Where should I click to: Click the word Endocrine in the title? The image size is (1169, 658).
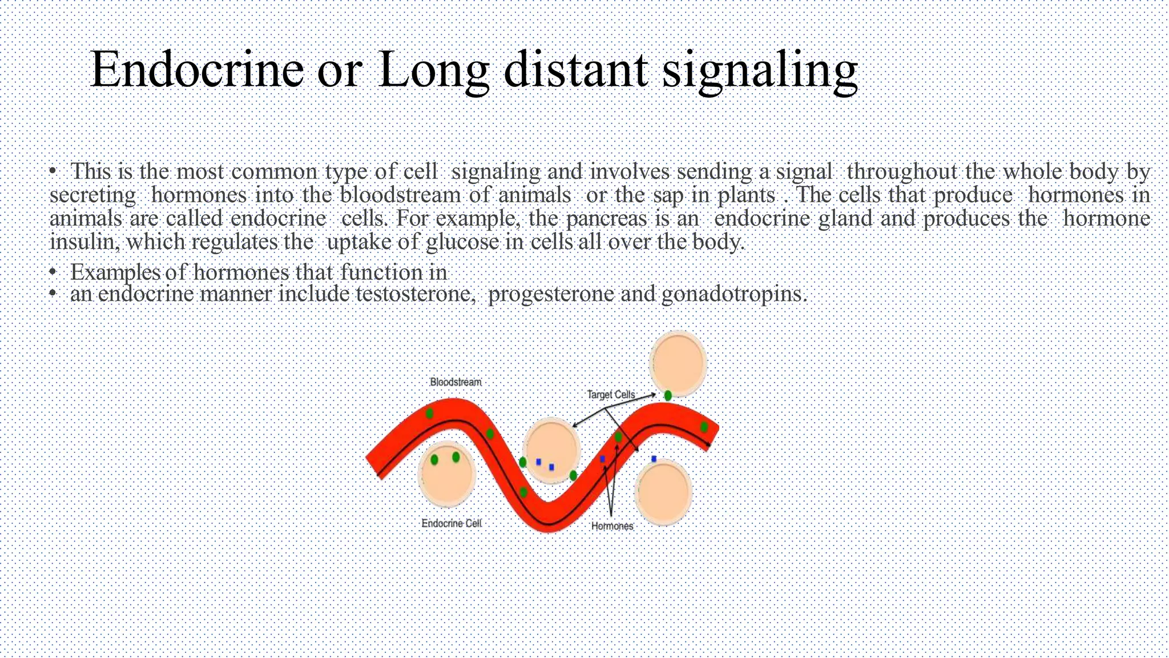(x=197, y=70)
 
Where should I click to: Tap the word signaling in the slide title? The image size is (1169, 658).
(x=759, y=72)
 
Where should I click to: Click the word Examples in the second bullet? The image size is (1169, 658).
(x=115, y=272)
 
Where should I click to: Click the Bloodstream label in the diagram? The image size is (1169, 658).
(x=455, y=382)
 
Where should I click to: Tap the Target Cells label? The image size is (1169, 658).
(x=611, y=394)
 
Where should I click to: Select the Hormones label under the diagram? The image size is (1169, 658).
(x=612, y=525)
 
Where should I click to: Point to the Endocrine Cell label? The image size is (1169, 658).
(x=452, y=523)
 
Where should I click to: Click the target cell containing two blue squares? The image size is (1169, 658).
(x=551, y=450)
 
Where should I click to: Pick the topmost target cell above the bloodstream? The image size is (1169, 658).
(x=678, y=363)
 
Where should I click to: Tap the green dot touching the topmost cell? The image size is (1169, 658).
(x=668, y=395)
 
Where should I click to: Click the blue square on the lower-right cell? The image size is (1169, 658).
(x=654, y=459)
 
